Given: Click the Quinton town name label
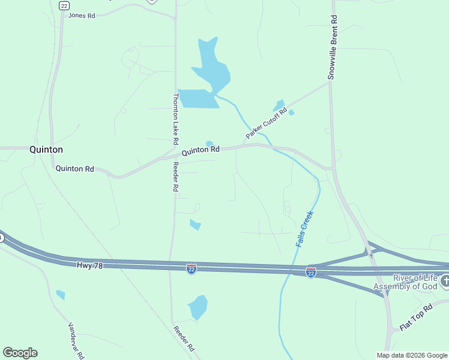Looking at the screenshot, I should (x=46, y=149).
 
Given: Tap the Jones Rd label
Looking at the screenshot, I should (x=82, y=16).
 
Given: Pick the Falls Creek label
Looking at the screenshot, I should (x=305, y=229).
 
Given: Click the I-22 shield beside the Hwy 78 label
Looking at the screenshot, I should (x=191, y=268).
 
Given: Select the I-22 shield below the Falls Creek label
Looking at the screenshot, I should (x=311, y=272).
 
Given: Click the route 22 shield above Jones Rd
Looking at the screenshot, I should (x=64, y=5).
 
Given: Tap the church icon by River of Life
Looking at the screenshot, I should (x=445, y=281).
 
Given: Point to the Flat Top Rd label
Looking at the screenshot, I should (x=416, y=318).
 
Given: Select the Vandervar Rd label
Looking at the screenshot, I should (x=76, y=340).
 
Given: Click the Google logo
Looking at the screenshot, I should (x=20, y=353).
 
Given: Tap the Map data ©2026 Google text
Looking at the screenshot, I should (x=412, y=355).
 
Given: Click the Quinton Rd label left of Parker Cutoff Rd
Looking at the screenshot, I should (x=200, y=150).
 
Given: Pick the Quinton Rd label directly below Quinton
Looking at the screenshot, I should (x=75, y=169).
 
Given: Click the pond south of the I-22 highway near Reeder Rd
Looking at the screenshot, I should (x=197, y=307).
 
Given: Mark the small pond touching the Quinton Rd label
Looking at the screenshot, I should (x=209, y=143).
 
